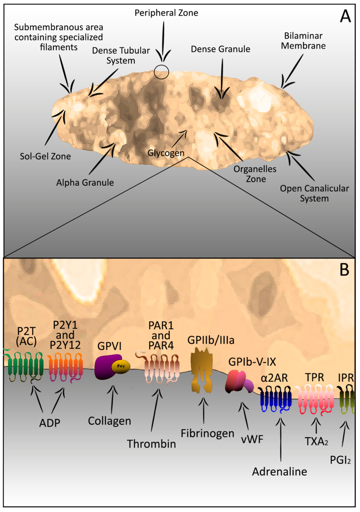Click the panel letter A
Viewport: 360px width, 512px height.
tap(345, 16)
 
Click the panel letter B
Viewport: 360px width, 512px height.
tap(344, 270)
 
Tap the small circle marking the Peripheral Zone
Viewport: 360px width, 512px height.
tap(161, 72)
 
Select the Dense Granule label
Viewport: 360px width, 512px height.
tap(220, 49)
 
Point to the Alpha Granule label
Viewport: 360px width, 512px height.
tap(85, 183)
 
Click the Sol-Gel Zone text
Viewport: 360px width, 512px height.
tap(45, 156)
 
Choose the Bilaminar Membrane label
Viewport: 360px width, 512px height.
tap(303, 41)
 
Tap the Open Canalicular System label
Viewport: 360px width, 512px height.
tap(314, 193)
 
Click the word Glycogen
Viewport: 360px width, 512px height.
tap(166, 153)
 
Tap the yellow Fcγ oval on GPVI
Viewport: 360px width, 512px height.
tap(121, 366)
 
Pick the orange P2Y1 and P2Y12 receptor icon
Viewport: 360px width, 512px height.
tap(65, 367)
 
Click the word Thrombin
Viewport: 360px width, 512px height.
tap(152, 444)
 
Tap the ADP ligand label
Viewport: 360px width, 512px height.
tap(50, 423)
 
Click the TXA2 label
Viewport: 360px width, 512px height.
tap(316, 441)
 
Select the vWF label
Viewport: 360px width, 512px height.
tap(252, 439)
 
